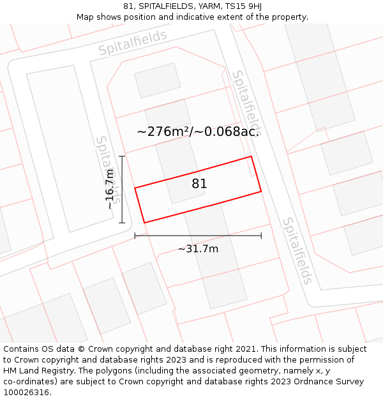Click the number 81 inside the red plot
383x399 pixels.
(199, 184)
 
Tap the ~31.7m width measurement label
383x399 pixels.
(198, 249)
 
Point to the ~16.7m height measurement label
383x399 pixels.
(110, 189)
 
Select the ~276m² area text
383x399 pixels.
(163, 132)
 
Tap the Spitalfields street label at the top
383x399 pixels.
(133, 42)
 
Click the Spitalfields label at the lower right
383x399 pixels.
(298, 251)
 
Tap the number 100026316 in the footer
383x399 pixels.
(25, 393)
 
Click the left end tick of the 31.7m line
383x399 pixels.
(135, 236)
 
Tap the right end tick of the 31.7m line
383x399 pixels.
(261, 236)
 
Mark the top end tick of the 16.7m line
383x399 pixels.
(122, 156)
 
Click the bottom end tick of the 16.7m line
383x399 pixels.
(122, 223)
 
